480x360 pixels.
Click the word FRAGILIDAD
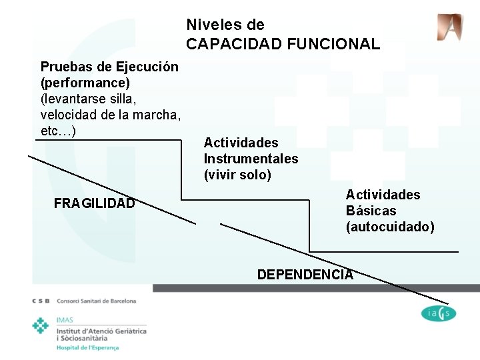[94, 203]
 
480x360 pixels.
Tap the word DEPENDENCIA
[305, 275]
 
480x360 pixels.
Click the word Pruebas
[65, 67]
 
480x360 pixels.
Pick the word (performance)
[85, 83]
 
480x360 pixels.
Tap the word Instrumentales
[251, 159]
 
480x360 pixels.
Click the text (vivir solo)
[237, 175]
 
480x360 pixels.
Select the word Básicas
[371, 211]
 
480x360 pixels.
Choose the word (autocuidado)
[390, 227]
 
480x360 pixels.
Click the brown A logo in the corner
[449, 27]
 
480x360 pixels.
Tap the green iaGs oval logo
[439, 313]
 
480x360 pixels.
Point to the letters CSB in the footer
[41, 301]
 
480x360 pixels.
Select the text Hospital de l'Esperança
[87, 347]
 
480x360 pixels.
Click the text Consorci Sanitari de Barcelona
[97, 301]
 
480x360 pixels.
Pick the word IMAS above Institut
[65, 320]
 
